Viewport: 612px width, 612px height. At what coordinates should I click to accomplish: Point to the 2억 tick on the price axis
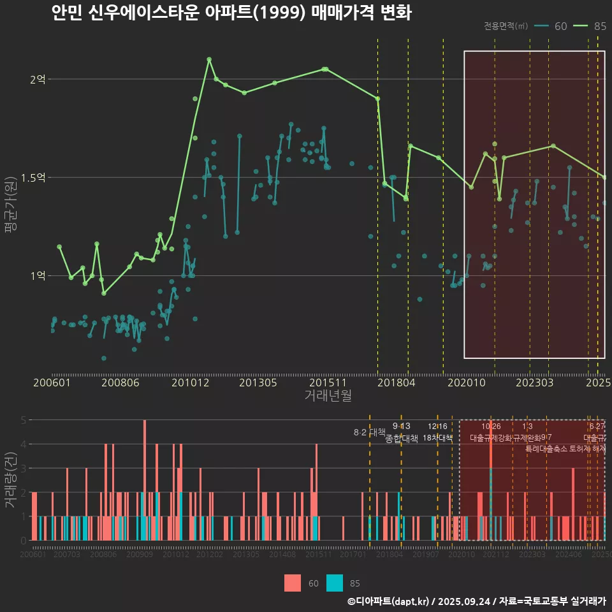click(38, 80)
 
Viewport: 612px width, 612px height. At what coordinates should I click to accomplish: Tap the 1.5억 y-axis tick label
click(33, 178)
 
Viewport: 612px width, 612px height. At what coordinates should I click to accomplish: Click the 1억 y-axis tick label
click(38, 276)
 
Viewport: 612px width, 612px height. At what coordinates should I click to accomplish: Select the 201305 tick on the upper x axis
click(258, 382)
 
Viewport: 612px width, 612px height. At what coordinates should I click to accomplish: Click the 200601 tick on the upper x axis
click(52, 382)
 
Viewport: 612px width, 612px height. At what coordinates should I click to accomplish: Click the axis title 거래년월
click(328, 396)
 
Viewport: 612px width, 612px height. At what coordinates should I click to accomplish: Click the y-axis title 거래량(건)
click(10, 479)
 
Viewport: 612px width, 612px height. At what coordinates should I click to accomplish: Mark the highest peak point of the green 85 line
click(209, 59)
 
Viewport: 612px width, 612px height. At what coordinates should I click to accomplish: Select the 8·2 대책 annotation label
click(370, 432)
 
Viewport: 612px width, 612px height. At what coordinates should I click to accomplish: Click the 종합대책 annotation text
click(402, 439)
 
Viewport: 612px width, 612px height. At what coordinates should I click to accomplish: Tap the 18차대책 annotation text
click(437, 438)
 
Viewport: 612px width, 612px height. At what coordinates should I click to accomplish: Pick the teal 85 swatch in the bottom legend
click(335, 583)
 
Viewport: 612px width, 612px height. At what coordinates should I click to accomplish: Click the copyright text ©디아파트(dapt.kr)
click(390, 601)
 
